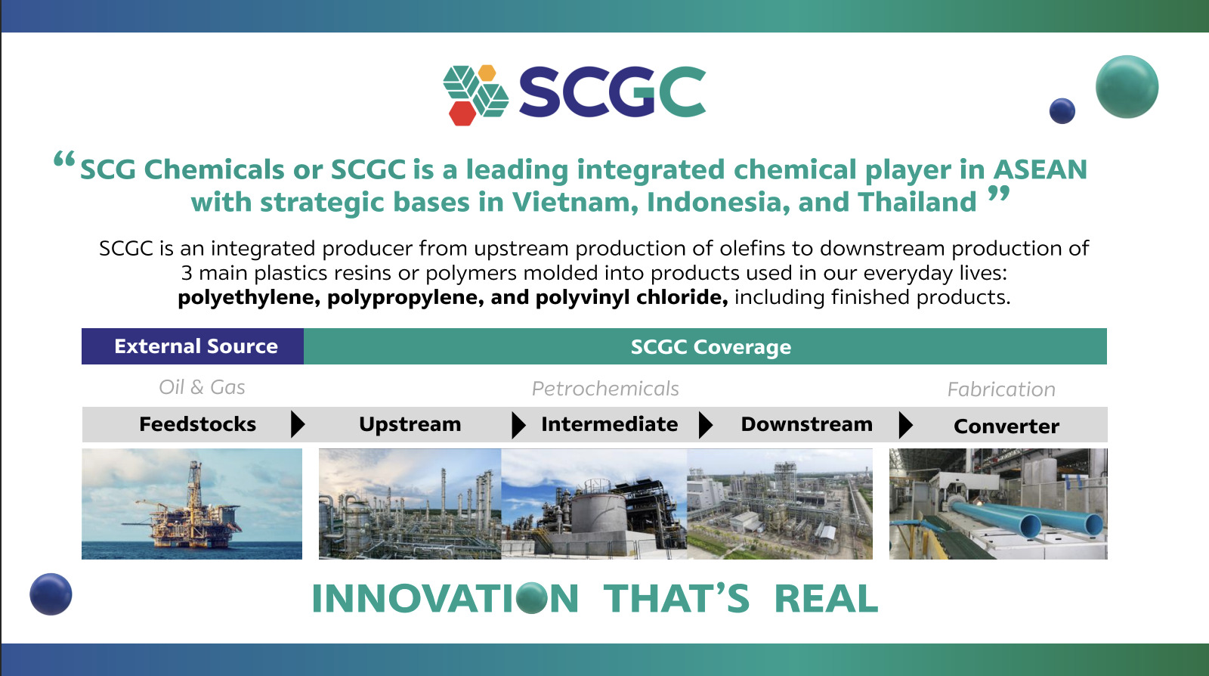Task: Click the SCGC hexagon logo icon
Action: click(x=475, y=95)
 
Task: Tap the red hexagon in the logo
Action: click(x=462, y=113)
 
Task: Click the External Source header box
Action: click(x=193, y=346)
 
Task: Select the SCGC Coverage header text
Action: click(x=711, y=346)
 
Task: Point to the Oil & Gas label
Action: click(x=202, y=387)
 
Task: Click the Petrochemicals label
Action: click(x=605, y=388)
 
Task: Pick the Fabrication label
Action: click(x=1001, y=389)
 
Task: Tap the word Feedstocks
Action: click(x=197, y=424)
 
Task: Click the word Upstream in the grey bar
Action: click(x=410, y=424)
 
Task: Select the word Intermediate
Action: click(x=609, y=424)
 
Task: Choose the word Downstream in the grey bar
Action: click(x=807, y=424)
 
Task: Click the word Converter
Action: click(x=1006, y=426)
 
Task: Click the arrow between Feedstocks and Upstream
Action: click(x=298, y=424)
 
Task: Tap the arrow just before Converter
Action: click(x=906, y=425)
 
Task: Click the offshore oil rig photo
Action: click(x=192, y=504)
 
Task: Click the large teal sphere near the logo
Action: click(x=1127, y=86)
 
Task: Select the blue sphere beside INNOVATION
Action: click(x=51, y=594)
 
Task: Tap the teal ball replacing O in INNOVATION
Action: click(x=532, y=598)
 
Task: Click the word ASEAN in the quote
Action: click(x=1040, y=169)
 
